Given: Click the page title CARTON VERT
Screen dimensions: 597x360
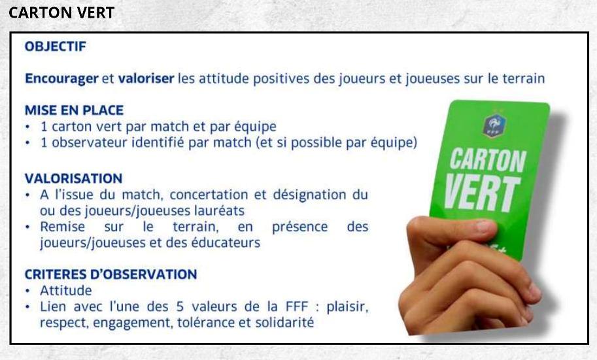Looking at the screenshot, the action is click(x=61, y=12).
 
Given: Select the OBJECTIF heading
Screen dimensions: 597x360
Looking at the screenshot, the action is click(x=56, y=46).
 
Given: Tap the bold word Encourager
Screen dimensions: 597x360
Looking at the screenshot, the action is click(x=61, y=79).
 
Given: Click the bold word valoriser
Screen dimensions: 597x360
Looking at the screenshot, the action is click(x=146, y=78).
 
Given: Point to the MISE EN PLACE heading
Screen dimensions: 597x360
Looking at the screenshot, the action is click(x=75, y=110).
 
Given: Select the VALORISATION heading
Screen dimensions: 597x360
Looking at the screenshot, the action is click(x=73, y=178).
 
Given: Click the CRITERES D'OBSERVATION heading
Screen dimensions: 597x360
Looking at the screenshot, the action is click(x=111, y=274).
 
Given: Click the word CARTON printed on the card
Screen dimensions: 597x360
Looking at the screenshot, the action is click(x=488, y=160).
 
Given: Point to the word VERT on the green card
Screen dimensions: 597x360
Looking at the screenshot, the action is click(x=482, y=193).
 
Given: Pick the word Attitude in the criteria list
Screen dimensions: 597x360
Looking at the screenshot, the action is click(x=66, y=291).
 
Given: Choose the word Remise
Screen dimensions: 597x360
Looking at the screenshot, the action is click(x=62, y=227).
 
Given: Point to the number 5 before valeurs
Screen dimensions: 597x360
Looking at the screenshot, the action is click(x=180, y=306).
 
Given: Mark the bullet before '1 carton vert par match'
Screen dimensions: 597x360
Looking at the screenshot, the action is click(x=27, y=127).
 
